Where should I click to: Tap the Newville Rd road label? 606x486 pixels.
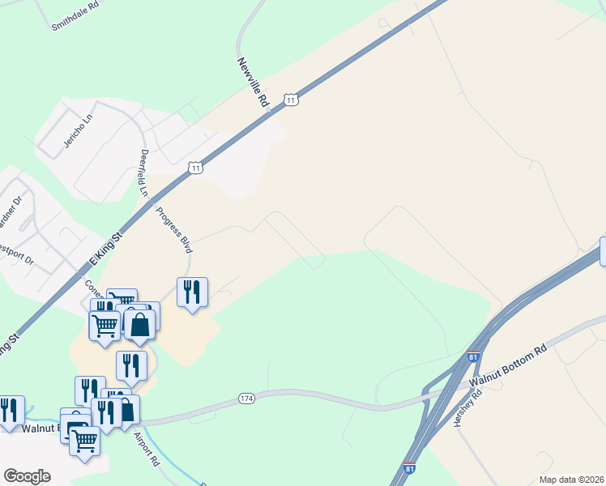pos(253,82)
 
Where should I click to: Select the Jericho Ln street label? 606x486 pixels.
pos(78,130)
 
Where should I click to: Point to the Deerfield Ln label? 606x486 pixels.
pos(144,173)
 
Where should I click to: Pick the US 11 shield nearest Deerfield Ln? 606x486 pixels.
pos(195,168)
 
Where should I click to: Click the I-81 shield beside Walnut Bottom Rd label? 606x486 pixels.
pos(474,356)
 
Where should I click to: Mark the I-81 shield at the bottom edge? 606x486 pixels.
pos(410,469)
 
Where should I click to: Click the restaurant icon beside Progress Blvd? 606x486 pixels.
pos(192,292)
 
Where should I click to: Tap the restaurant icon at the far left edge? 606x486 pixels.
pos(10,410)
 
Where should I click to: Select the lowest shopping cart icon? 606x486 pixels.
pos(84,441)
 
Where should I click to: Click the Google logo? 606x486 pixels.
pos(27,475)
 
